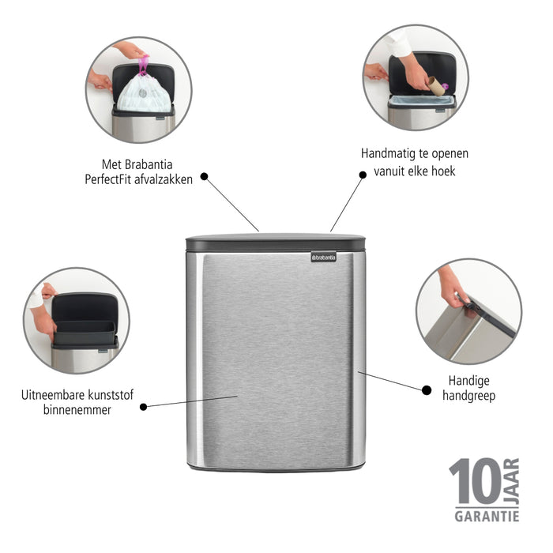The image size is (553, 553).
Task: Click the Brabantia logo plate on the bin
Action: tap(323, 257)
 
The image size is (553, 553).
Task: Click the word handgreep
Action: tap(470, 396)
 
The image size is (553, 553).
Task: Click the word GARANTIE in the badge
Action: tap(486, 516)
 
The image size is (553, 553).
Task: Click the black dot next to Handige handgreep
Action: tap(427, 389)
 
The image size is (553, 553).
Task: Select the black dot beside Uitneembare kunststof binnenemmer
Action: tap(143, 406)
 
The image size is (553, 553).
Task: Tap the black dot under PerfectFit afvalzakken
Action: tap(204, 177)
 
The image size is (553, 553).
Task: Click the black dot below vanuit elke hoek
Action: tap(363, 175)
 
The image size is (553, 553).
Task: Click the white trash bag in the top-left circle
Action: tap(143, 93)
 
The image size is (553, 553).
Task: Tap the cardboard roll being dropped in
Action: tap(435, 85)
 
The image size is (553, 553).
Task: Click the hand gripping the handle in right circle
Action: tap(453, 285)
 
